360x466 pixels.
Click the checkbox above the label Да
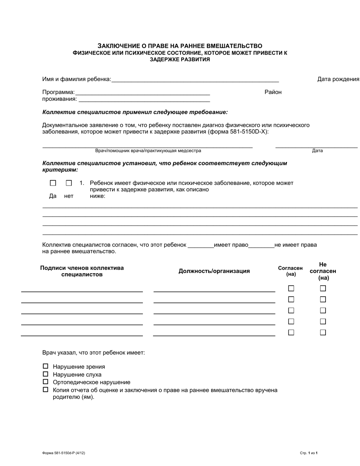53,183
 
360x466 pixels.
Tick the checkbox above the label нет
69,183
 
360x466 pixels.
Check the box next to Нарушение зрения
45,366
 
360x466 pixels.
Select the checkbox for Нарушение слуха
45,374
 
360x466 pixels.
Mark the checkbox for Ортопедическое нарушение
45,382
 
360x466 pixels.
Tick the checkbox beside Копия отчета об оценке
45,389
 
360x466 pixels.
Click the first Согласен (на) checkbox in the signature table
291,288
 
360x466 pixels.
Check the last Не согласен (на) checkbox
323,332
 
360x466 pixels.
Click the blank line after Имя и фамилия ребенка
195,79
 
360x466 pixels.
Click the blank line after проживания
144,99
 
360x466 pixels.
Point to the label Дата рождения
338,79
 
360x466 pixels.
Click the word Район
273,92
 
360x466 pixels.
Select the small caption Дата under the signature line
317,151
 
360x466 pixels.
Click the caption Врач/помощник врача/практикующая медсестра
148,151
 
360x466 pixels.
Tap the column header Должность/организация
214,271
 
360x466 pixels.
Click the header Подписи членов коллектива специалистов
82,271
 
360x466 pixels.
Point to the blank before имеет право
200,245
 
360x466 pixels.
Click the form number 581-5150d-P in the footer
61,453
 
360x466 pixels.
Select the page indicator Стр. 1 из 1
308,453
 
